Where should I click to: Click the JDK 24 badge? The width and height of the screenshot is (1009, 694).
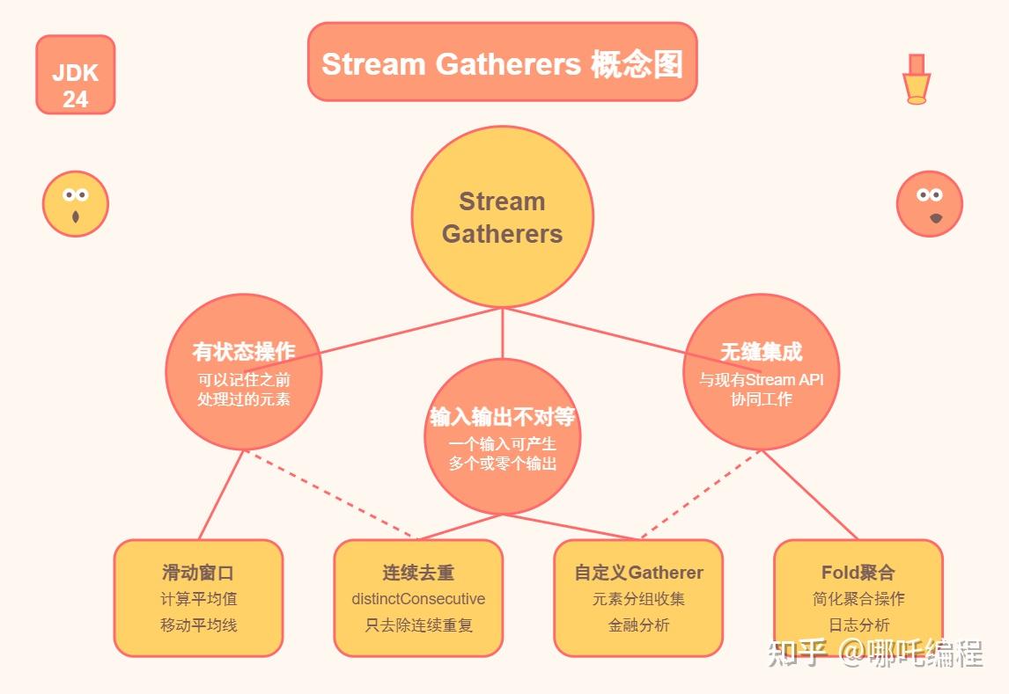click(x=76, y=75)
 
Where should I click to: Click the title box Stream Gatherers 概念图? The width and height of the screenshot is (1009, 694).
click(x=502, y=62)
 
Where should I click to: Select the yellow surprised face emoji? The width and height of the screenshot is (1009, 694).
click(x=76, y=204)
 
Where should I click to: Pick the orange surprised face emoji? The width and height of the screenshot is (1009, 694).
click(x=930, y=204)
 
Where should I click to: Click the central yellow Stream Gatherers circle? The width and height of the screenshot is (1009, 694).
click(x=502, y=217)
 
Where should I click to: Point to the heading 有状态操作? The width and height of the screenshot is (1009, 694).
click(x=244, y=352)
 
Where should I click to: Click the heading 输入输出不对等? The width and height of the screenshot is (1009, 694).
click(x=502, y=417)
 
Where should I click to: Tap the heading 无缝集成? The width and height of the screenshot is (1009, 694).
click(x=761, y=352)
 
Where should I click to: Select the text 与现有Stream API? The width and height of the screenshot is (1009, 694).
click(x=761, y=380)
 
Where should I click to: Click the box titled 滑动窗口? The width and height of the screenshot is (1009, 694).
click(x=198, y=597)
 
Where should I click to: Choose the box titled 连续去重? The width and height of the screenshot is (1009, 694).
click(x=418, y=597)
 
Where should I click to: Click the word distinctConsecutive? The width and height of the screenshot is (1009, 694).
click(x=418, y=599)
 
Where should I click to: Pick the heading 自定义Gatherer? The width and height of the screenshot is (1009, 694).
click(x=638, y=573)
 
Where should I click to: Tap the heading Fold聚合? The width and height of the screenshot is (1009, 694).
click(x=858, y=573)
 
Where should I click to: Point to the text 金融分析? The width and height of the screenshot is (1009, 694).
click(x=638, y=625)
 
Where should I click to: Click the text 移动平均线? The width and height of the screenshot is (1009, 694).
click(x=198, y=625)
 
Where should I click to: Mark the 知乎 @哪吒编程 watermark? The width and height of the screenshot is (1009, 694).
click(x=875, y=654)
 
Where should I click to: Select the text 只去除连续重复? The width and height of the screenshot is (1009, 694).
click(x=418, y=625)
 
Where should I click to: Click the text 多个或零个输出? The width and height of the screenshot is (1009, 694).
click(x=502, y=464)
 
